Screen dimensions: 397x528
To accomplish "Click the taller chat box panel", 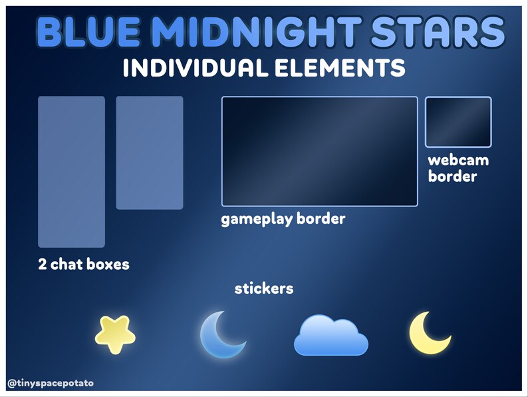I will click(71, 172).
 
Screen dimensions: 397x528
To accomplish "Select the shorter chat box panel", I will click(149, 153).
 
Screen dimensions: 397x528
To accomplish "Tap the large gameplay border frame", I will click(319, 151).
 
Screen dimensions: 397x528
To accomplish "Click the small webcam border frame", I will click(458, 122).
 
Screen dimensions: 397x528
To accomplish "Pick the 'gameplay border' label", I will click(283, 219).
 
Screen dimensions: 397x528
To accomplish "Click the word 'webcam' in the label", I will click(458, 161).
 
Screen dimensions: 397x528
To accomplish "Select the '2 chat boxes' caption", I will click(84, 264).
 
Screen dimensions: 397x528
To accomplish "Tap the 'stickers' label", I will click(264, 289).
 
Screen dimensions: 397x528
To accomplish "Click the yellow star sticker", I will click(115, 334).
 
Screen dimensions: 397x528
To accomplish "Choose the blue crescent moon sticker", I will click(221, 334).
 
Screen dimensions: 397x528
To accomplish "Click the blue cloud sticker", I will click(330, 335).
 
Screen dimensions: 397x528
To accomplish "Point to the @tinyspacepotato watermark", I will click(51, 383).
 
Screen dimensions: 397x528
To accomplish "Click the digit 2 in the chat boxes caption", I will click(43, 264).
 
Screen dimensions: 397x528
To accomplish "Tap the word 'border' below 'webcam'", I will click(452, 177).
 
